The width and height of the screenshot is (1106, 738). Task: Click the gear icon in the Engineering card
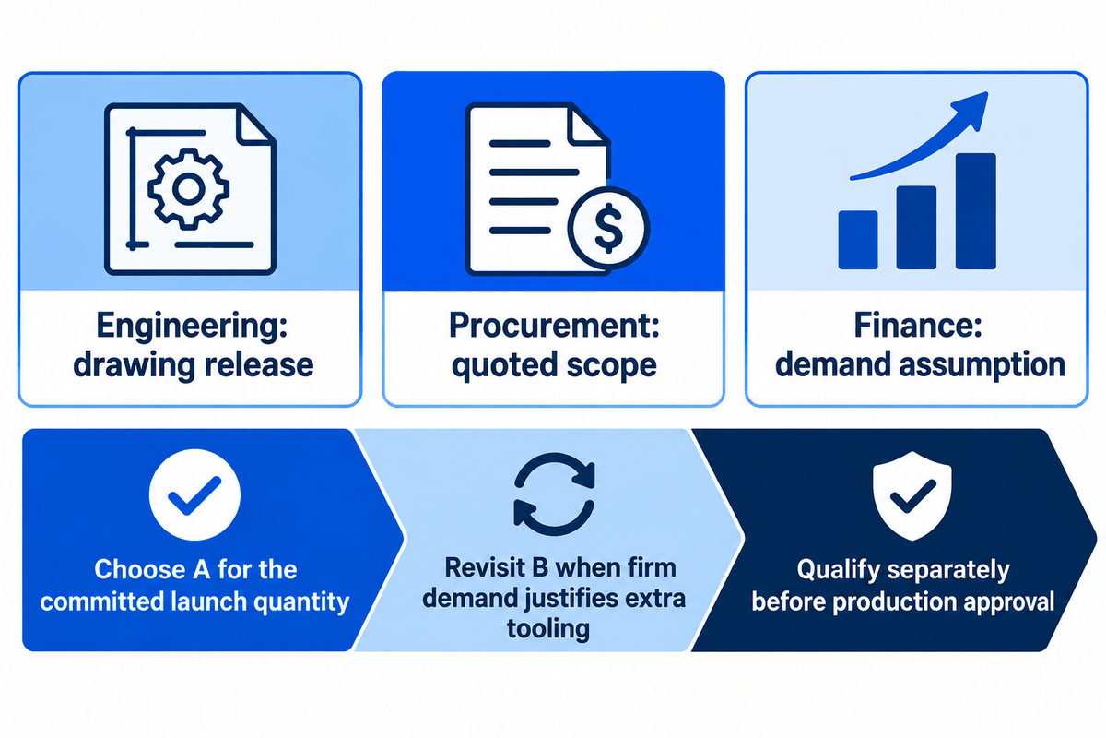[189, 189]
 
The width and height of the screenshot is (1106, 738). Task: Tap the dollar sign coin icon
[608, 229]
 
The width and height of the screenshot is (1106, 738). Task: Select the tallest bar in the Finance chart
[976, 211]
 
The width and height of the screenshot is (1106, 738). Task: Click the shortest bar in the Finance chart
[858, 240]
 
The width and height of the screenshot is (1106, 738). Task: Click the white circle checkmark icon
[194, 494]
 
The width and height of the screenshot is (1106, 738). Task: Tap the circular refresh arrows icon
[554, 494]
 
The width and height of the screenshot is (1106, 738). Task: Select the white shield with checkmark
[912, 495]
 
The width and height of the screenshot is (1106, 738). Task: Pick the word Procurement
[554, 327]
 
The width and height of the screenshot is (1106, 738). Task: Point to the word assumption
[982, 366]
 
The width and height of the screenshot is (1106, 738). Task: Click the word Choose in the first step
[140, 569]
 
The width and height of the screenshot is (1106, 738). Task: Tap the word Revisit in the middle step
[483, 567]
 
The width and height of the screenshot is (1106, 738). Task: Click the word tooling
[548, 629]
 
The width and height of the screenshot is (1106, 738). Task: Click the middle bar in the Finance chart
[916, 227]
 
